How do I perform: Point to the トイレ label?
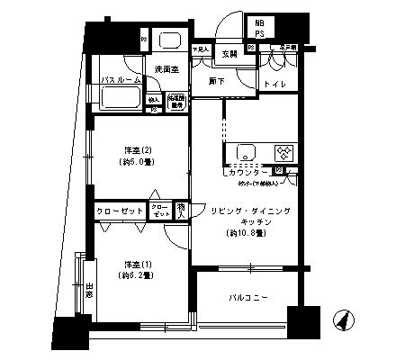274,84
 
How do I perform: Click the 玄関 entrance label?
229,53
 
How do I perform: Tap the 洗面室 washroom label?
166,68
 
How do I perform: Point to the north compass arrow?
343,319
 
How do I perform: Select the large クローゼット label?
121,211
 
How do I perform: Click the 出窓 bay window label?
89,292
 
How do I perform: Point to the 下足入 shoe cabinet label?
202,49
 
